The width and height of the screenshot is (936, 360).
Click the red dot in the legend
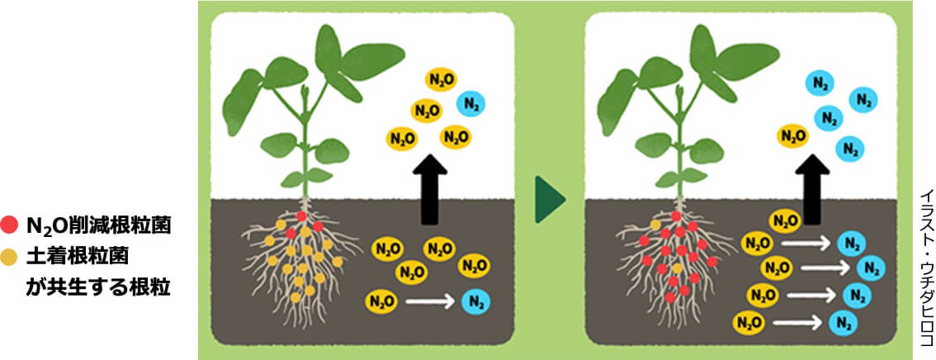pos(10,224)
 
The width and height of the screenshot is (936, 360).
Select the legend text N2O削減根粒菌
pos(99,225)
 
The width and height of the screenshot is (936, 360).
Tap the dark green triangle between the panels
pos(550,198)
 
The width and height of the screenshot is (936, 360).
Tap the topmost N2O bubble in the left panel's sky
pos(440,79)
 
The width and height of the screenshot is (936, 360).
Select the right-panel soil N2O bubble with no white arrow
pos(784,220)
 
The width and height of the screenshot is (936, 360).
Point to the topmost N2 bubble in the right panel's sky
pos(820,83)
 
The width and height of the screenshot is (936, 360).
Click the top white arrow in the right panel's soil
pos(807,244)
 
